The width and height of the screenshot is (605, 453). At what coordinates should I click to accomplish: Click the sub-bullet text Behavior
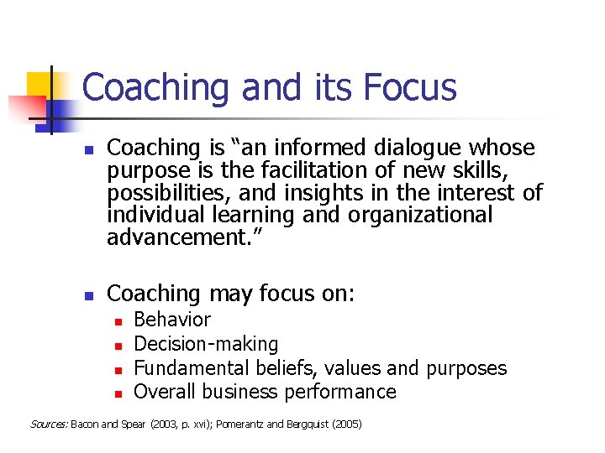pyautogui.click(x=172, y=320)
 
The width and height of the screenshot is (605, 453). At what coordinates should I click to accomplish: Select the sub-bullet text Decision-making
pyautogui.click(x=206, y=344)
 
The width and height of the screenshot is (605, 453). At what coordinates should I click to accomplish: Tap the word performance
pyautogui.click(x=340, y=392)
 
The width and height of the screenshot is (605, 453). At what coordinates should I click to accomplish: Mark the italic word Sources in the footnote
pyautogui.click(x=49, y=424)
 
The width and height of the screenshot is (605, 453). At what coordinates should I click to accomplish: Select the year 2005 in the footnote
pyautogui.click(x=347, y=424)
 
